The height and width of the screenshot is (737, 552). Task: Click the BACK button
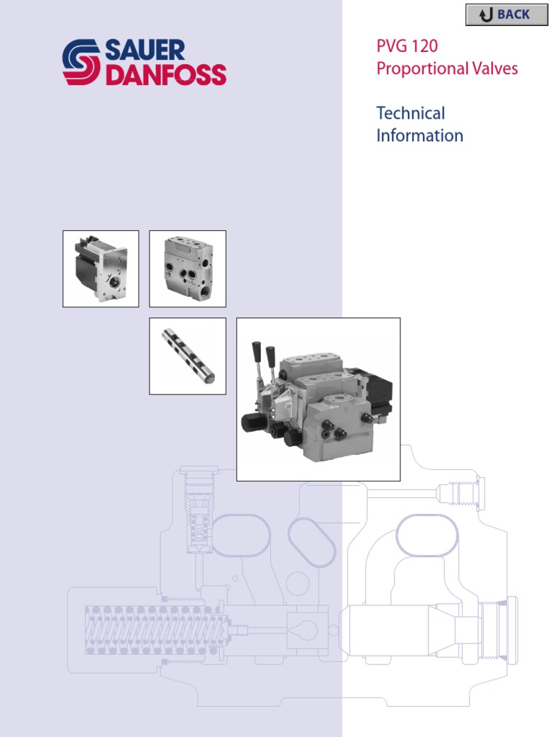(507, 14)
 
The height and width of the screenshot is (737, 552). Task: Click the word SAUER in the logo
(145, 51)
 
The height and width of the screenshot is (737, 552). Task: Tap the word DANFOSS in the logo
(166, 75)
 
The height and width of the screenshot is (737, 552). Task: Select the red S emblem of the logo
(81, 63)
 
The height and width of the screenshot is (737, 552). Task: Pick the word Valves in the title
(493, 69)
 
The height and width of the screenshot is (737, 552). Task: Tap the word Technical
(410, 113)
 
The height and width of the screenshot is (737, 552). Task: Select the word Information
(420, 135)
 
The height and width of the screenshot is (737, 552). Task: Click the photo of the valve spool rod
(188, 356)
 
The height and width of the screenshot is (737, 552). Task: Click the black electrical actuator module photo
(101, 268)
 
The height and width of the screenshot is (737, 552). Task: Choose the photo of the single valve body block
(188, 268)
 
